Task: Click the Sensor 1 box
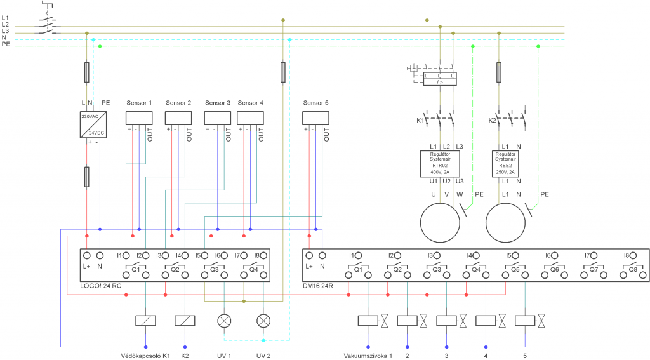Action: click(139, 118)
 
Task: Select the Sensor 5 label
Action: click(315, 103)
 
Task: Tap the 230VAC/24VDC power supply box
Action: click(93, 124)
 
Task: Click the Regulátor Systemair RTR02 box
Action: click(440, 164)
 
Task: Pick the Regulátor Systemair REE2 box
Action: click(505, 164)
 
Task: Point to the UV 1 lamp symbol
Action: click(224, 321)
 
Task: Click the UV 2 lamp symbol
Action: click(263, 321)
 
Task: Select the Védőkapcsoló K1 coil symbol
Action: click(145, 321)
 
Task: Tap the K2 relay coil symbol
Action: click(185, 321)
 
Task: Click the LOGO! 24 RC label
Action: click(101, 286)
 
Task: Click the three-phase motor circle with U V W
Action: click(440, 223)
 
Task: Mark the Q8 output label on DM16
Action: click(633, 269)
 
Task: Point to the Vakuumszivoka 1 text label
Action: click(368, 356)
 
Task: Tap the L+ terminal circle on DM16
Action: click(309, 255)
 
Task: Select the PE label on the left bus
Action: click(6, 44)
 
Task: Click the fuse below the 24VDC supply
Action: click(86, 177)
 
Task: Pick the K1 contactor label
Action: click(420, 121)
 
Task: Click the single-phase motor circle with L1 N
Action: click(505, 223)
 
